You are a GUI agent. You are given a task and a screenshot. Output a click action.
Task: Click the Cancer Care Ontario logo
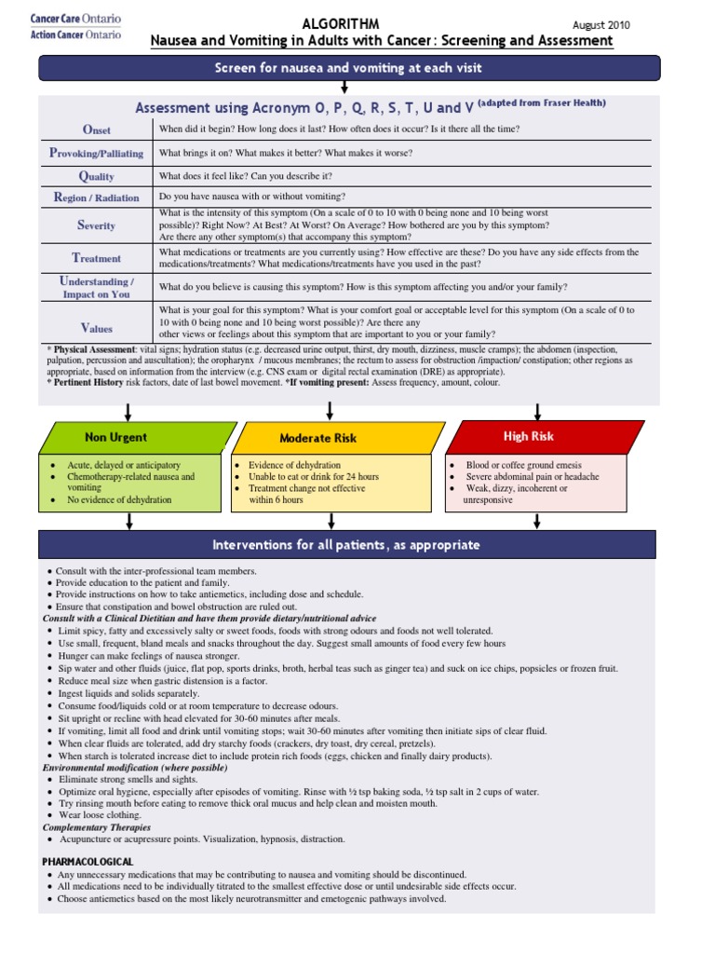click(75, 27)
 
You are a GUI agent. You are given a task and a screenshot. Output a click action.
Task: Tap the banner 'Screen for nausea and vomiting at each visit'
click(349, 68)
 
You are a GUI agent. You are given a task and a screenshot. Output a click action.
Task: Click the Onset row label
click(96, 129)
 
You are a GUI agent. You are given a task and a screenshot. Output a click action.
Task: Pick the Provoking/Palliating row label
click(96, 153)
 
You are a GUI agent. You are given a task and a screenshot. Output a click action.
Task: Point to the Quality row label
click(96, 176)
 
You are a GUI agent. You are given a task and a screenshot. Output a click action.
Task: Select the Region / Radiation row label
click(96, 198)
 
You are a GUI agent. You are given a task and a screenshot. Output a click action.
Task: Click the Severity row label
click(96, 225)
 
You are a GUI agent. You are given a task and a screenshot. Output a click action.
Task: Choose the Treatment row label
click(96, 258)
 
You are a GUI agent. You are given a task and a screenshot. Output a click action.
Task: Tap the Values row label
click(96, 328)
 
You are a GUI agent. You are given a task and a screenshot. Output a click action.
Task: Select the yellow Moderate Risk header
click(318, 438)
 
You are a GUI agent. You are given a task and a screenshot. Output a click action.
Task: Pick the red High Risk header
click(529, 436)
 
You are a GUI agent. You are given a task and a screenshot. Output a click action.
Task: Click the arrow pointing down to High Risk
click(538, 411)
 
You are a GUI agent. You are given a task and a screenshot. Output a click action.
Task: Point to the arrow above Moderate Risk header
click(330, 411)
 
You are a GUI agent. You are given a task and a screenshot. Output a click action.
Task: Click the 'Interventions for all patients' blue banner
click(346, 545)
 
